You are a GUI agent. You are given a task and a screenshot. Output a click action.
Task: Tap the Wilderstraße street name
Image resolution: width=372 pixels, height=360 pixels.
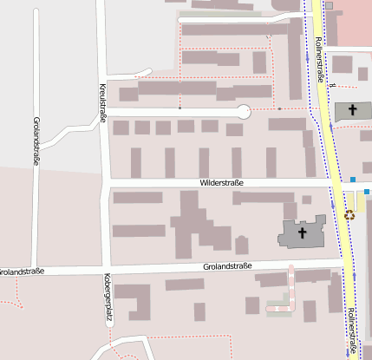221,183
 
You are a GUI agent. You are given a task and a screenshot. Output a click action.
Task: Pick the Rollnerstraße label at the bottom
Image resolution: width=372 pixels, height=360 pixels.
351,331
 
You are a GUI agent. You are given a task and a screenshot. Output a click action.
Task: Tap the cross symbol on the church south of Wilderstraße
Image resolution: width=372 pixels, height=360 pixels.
303,232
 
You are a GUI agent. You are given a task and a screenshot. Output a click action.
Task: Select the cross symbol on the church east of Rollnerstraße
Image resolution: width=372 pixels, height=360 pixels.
353,110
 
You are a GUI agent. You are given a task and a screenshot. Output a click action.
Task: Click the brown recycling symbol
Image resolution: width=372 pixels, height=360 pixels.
349,213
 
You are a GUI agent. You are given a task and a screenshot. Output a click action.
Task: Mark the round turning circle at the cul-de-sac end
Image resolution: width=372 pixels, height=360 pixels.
244,111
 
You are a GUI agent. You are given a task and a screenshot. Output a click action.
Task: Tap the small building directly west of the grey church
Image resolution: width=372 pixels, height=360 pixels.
241,245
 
